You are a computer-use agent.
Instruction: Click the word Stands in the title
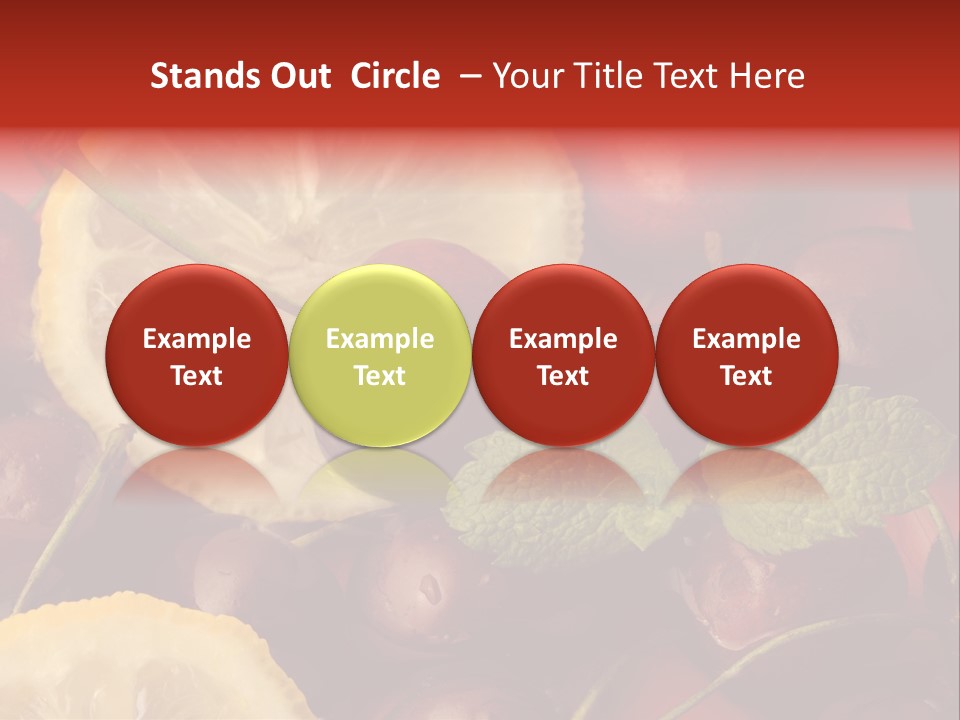coord(200,76)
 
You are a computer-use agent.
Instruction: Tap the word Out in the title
coord(298,76)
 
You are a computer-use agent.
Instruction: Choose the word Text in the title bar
coord(686,76)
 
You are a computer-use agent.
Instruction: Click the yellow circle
coord(380,355)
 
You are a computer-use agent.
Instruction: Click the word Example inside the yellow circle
coord(380,339)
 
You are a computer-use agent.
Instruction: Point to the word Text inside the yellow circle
coord(380,376)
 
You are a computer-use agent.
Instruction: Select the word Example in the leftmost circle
coord(197,339)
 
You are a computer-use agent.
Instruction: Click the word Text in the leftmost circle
coord(197,376)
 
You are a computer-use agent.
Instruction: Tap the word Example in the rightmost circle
coord(747,339)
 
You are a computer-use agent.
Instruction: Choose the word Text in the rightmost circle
coord(747,376)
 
